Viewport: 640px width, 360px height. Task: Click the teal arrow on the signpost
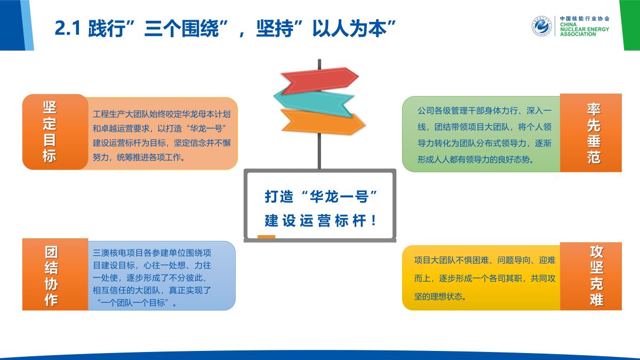coord(314,103)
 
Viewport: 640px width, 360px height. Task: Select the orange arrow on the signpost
coord(323,122)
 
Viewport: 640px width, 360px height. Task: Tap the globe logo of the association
coord(541,26)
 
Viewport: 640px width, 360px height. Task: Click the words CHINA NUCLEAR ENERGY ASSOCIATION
coord(585,29)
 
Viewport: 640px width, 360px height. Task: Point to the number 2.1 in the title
coord(67,28)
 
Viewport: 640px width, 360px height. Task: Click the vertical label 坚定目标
coord(50,131)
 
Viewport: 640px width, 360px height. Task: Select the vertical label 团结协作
coord(51,276)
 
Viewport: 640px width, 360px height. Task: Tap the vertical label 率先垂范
coord(594,133)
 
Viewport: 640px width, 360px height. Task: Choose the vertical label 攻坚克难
coord(597,275)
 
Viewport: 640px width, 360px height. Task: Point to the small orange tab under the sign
coord(266,237)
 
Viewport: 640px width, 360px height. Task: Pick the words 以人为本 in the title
coord(349,28)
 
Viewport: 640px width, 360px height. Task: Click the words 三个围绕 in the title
coord(181,28)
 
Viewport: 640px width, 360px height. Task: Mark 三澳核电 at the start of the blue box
coord(109,253)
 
